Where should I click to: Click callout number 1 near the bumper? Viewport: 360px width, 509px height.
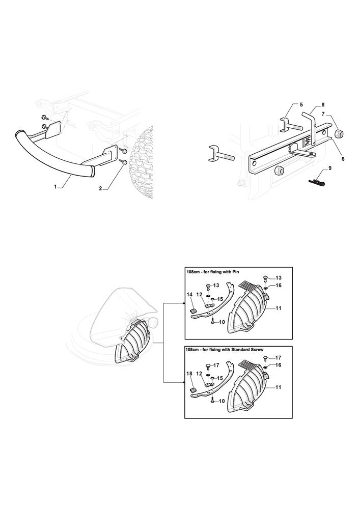[56, 187]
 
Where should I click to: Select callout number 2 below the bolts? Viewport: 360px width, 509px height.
[101, 188]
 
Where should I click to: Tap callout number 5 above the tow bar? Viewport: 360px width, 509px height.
[301, 104]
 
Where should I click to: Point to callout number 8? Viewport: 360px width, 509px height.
[323, 104]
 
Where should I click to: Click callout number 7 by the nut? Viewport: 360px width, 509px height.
[323, 114]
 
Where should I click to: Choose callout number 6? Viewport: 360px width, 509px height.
[343, 159]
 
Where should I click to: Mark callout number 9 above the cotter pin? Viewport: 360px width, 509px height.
[330, 168]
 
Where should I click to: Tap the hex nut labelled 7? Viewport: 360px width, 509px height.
[339, 133]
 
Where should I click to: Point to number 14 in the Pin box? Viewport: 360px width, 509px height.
[189, 294]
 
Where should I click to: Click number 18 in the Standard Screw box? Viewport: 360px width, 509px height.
[189, 374]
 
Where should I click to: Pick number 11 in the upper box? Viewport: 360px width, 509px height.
[278, 308]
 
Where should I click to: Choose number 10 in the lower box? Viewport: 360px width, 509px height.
[221, 401]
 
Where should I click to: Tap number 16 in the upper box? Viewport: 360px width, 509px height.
[278, 286]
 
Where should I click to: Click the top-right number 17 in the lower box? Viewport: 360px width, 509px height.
[278, 358]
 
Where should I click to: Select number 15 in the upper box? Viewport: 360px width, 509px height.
[220, 299]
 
